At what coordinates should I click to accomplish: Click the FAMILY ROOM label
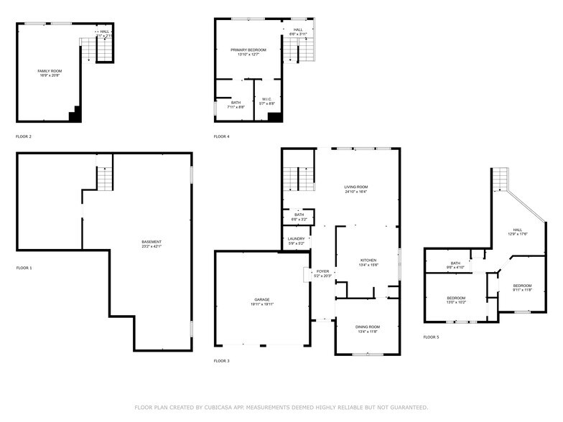[50, 71]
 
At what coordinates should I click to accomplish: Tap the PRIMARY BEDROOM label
[248, 50]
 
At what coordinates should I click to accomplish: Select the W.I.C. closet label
[266, 100]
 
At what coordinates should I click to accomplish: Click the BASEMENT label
[151, 242]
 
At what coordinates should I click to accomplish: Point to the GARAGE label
[261, 299]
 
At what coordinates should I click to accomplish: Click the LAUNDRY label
[296, 239]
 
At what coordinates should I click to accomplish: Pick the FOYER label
[322, 272]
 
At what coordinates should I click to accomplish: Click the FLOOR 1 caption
[24, 268]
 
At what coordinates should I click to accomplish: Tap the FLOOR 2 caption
[24, 136]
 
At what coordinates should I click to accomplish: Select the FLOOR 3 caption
[221, 360]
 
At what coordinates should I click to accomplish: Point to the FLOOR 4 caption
[221, 136]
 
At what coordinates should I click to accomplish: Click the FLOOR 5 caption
[431, 337]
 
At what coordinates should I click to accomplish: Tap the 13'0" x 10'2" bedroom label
[456, 298]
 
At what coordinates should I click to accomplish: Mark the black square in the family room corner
[75, 115]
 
